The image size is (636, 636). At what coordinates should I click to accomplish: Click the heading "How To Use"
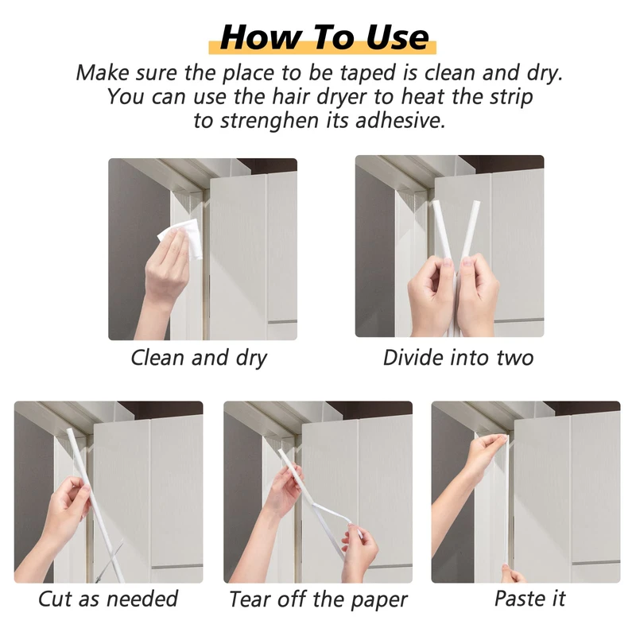tap(324, 37)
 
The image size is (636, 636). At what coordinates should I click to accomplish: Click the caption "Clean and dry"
tap(199, 359)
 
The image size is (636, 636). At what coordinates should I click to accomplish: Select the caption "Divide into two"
tap(458, 358)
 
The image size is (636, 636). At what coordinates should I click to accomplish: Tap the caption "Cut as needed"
tap(108, 599)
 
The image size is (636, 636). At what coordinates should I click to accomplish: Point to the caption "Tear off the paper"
tap(318, 599)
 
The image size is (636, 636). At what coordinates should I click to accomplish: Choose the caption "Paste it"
tap(529, 599)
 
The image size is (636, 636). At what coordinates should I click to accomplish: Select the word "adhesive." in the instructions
tap(400, 121)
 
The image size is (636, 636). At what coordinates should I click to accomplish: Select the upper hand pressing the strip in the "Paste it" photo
tap(483, 454)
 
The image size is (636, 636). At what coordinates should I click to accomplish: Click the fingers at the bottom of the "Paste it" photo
tap(512, 573)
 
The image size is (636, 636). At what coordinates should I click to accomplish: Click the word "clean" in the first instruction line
tap(449, 73)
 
